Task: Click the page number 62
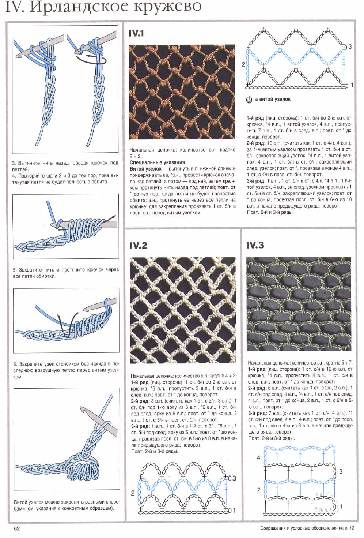[x=17, y=528]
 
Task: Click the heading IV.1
[x=136, y=34]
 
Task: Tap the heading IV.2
[x=139, y=246]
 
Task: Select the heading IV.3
[x=255, y=245]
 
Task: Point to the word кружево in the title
[x=171, y=7]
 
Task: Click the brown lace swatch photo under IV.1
[x=182, y=91]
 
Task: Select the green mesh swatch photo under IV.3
[x=299, y=304]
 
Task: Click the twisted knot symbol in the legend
[x=249, y=99]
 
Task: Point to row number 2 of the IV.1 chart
[x=243, y=64]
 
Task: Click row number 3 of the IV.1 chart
[x=350, y=47]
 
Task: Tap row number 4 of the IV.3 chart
[x=259, y=457]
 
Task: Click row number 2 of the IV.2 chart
[x=133, y=493]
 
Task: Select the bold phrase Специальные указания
[x=158, y=162]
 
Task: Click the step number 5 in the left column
[x=15, y=270]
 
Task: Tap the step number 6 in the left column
[x=15, y=364]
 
